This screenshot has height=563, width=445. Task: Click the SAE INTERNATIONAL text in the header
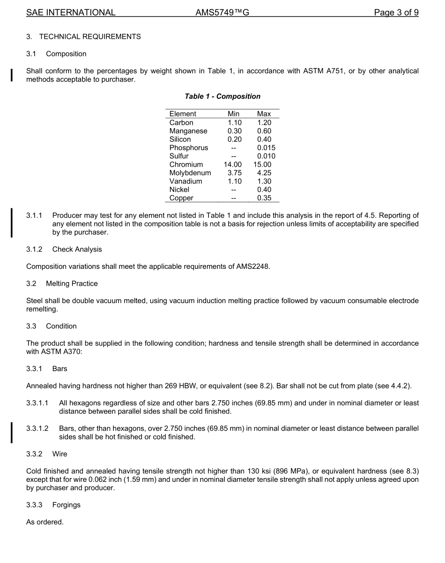(x=71, y=13)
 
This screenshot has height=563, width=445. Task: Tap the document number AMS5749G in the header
(x=222, y=13)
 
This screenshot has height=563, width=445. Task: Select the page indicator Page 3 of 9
(x=396, y=13)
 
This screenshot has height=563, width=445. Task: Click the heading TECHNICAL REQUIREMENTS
(x=89, y=37)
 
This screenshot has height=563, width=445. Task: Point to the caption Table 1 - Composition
(x=222, y=96)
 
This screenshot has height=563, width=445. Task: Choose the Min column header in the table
(x=233, y=114)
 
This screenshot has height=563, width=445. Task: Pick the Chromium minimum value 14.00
(x=233, y=165)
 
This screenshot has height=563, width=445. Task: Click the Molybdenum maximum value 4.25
(x=264, y=173)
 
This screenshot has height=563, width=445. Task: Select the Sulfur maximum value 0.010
(x=266, y=156)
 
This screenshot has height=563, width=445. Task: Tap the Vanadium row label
(x=185, y=182)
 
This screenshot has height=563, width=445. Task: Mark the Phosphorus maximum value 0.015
(x=266, y=148)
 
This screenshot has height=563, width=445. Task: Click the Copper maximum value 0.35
(x=264, y=198)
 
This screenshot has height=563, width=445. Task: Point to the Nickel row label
(x=179, y=190)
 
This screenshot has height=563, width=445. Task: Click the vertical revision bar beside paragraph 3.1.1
(x=12, y=224)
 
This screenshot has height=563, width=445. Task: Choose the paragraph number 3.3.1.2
(x=37, y=428)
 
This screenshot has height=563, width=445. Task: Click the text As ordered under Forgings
(x=44, y=522)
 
